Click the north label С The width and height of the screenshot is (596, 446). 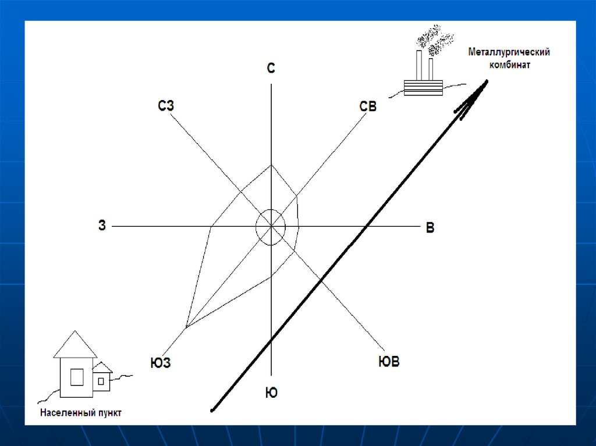pos(271,68)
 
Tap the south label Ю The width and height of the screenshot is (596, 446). pos(271,393)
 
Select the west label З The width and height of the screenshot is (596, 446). pos(102,225)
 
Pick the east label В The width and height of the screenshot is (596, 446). pos(430,227)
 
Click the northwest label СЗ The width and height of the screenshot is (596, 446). pos(166,105)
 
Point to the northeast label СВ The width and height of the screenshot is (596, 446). pos(368,106)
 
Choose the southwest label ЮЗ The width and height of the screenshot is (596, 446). pos(161,363)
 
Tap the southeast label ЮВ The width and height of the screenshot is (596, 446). pos(389,361)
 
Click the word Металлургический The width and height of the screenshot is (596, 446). pos(509,52)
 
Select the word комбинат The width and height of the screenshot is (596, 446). pos(509,65)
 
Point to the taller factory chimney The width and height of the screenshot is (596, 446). pos(419,65)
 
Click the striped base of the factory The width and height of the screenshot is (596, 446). pos(423,87)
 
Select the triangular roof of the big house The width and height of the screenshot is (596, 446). pos(75,345)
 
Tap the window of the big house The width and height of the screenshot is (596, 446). pos(77,377)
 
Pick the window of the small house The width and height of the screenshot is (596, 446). pos(101,381)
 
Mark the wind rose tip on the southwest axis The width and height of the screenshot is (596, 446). pos(186,327)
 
